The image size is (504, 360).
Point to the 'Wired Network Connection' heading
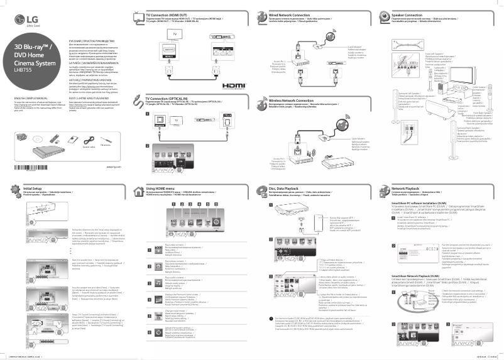pos(289,13)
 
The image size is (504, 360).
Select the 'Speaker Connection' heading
pos(407,13)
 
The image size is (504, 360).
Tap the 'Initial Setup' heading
pos(33,188)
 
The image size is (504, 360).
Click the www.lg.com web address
pos(114,166)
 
